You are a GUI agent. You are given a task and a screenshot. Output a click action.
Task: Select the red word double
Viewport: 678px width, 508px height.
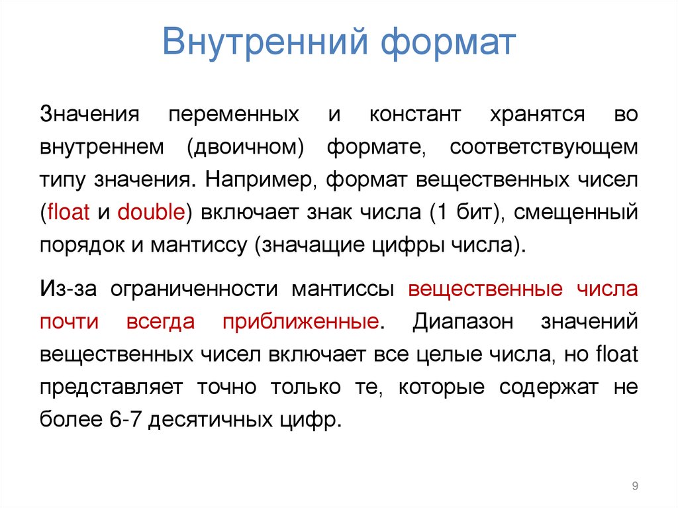pos(150,212)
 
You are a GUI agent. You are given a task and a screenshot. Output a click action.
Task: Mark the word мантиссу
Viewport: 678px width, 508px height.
pos(199,244)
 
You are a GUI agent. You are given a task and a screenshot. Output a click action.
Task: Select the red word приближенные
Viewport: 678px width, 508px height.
pos(301,323)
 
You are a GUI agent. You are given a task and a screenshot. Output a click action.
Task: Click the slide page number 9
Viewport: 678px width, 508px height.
pos(635,487)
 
